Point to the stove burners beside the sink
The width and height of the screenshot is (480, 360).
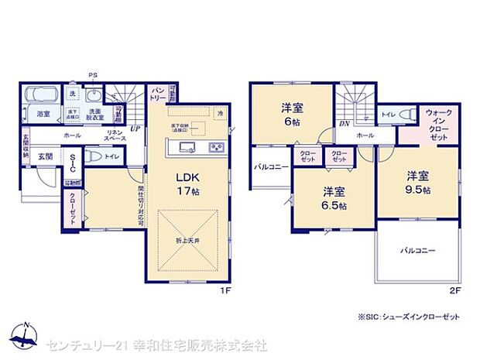[216, 148]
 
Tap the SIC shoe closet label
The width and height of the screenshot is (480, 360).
[72, 163]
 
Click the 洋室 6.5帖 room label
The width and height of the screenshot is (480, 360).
[332, 197]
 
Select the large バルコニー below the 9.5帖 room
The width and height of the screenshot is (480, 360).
[417, 251]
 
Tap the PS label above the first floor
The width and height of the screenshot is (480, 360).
[94, 75]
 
